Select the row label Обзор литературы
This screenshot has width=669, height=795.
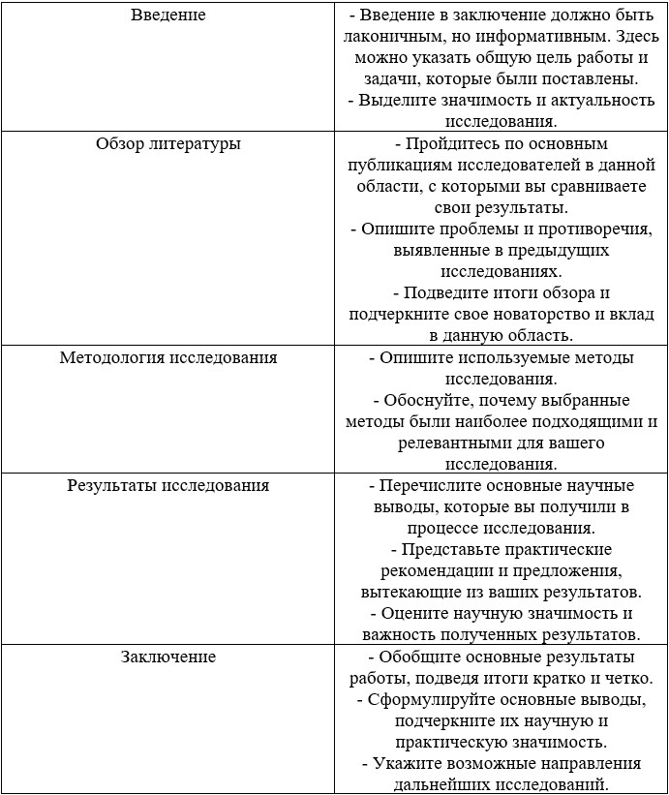(168, 144)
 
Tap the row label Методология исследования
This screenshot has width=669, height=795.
(168, 357)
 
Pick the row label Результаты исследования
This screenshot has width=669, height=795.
(168, 485)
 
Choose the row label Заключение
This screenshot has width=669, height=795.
(168, 657)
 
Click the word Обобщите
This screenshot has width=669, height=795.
(422, 657)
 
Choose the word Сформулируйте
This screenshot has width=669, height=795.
(438, 699)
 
